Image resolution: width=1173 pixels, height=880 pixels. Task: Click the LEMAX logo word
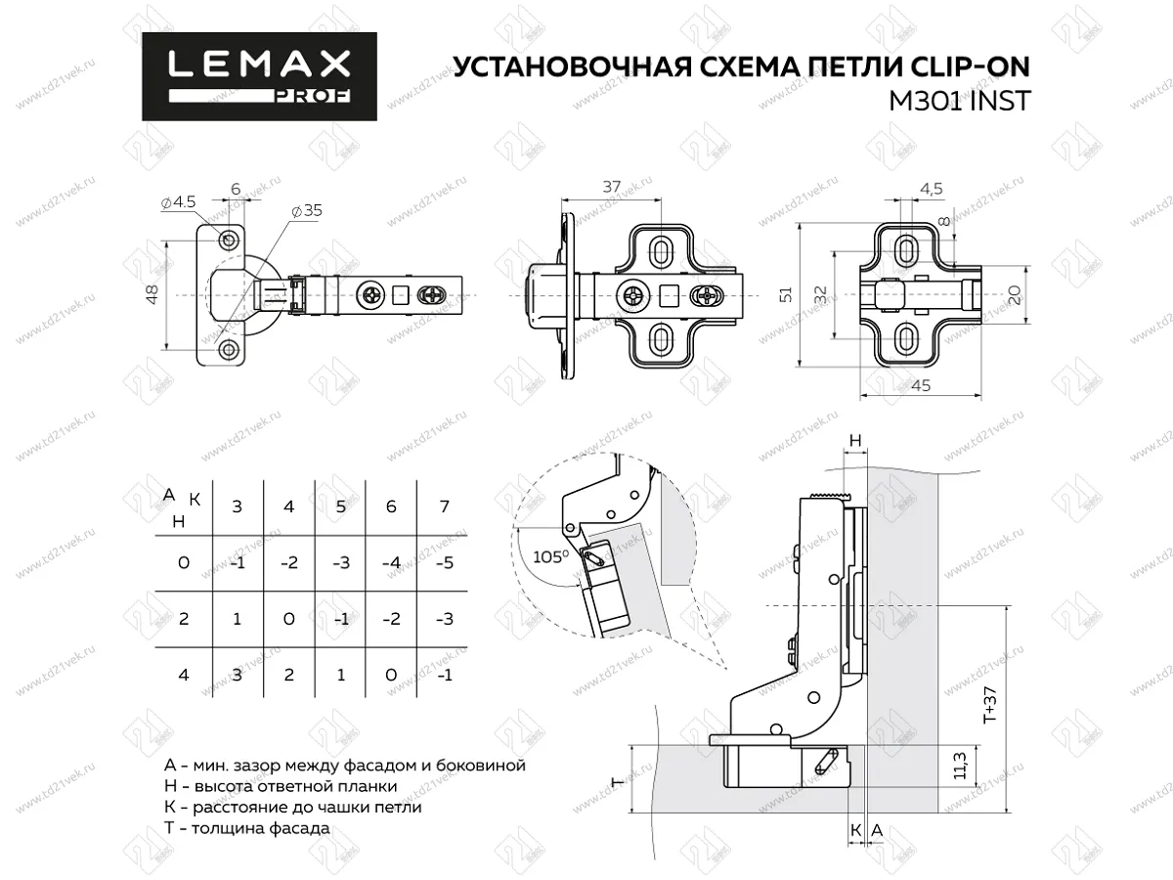(259, 66)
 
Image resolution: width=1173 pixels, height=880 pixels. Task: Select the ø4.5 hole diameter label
(179, 202)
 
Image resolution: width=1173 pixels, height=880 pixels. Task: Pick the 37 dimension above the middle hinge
(611, 186)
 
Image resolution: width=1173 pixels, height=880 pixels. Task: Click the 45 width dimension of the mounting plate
(920, 385)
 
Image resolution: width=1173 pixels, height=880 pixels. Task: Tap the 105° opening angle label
(551, 555)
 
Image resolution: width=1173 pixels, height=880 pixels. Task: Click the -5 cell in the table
(444, 564)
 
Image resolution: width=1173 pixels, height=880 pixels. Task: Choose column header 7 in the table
(444, 506)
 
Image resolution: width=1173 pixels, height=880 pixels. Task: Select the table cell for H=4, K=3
(237, 675)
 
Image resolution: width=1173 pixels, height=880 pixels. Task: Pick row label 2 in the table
(183, 620)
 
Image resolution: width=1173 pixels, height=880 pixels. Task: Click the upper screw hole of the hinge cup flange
(229, 240)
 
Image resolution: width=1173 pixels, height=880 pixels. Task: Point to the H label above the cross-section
(854, 442)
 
